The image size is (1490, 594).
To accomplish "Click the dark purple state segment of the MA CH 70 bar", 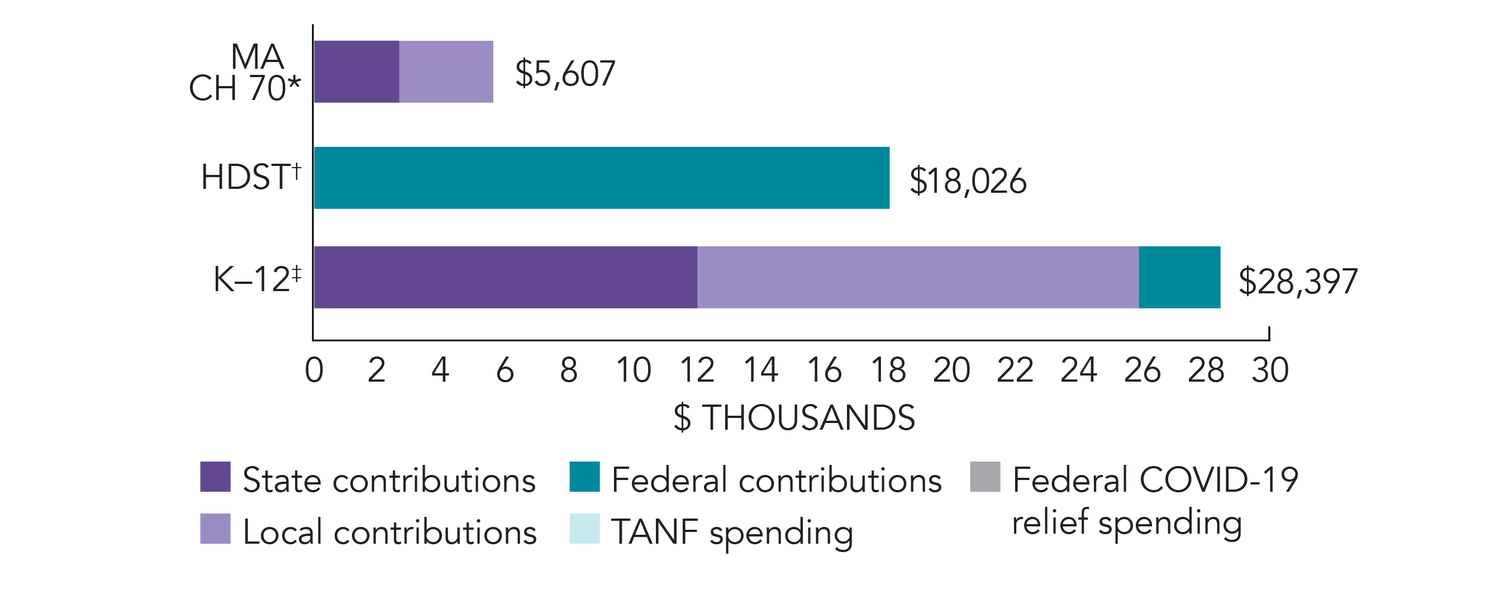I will (x=356, y=72).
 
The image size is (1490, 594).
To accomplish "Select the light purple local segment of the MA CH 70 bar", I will (x=446, y=72).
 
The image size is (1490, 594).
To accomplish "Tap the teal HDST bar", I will (x=602, y=178).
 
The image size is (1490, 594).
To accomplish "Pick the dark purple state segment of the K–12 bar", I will (x=506, y=277).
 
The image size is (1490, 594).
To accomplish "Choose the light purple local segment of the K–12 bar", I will (x=918, y=277).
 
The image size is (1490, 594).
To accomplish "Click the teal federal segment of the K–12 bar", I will (x=1179, y=277).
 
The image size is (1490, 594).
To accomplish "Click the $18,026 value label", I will (x=968, y=180).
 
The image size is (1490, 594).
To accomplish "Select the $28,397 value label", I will (x=1298, y=281).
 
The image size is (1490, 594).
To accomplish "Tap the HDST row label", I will (x=250, y=177).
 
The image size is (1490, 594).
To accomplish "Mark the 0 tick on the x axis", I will (x=314, y=370).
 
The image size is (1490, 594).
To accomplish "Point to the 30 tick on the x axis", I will (x=1270, y=370).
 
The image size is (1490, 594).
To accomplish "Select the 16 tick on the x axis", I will (x=824, y=370).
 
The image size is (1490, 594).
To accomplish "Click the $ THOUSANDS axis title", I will (x=794, y=417).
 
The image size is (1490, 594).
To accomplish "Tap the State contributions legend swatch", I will (x=215, y=477).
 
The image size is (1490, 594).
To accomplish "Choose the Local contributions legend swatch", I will (x=215, y=529).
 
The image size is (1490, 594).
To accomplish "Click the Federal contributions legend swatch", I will (x=584, y=477).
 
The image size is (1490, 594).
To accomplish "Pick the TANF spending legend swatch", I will (x=584, y=529).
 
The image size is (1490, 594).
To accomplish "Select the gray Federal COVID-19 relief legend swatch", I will (x=985, y=477).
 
